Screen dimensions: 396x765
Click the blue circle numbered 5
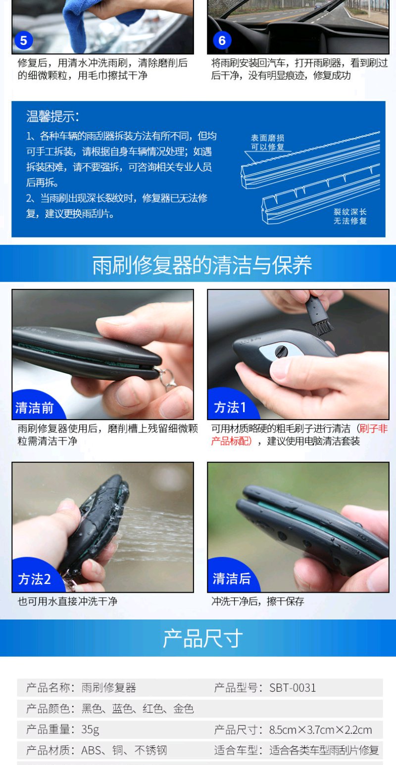click(x=24, y=41)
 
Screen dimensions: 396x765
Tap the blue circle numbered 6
click(x=222, y=41)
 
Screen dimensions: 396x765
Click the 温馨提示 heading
click(x=52, y=116)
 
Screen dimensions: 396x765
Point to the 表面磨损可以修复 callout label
click(x=267, y=143)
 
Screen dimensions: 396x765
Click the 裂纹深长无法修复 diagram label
click(x=350, y=216)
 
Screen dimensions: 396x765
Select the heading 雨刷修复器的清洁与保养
click(x=202, y=265)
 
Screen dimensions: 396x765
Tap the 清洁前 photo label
click(x=35, y=408)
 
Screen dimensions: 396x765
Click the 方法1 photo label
click(x=230, y=407)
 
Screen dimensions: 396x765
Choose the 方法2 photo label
click(x=35, y=579)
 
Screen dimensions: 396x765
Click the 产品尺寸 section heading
click(x=202, y=638)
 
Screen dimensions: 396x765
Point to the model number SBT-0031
click(x=293, y=687)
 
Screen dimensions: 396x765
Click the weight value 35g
click(x=90, y=730)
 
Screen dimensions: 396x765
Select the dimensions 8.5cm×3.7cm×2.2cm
click(x=320, y=730)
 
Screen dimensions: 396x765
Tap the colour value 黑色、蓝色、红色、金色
click(x=138, y=709)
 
